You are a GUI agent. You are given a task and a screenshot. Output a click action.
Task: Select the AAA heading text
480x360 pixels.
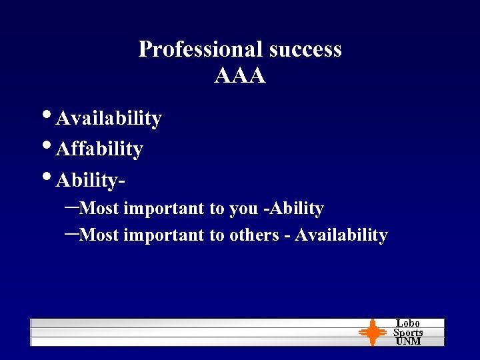[240, 76]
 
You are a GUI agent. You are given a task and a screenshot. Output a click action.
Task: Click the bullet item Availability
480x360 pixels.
[109, 119]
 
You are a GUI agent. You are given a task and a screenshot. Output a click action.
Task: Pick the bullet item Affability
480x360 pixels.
[99, 149]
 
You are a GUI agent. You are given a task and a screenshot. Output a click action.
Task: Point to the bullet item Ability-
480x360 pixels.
[91, 180]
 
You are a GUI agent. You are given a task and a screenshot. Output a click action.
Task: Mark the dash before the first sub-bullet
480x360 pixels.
[72, 207]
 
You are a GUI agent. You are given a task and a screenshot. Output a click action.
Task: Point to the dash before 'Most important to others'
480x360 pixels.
[72, 234]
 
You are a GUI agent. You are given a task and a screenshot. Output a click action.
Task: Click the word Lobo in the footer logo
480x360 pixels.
[408, 323]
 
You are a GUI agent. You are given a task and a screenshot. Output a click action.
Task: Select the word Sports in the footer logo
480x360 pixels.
[408, 332]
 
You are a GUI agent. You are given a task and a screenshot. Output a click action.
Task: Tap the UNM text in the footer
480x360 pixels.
[408, 341]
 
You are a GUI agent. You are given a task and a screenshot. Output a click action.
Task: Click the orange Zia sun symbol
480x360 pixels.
[372, 332]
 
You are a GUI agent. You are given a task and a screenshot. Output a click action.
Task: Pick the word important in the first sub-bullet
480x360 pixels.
[164, 209]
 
